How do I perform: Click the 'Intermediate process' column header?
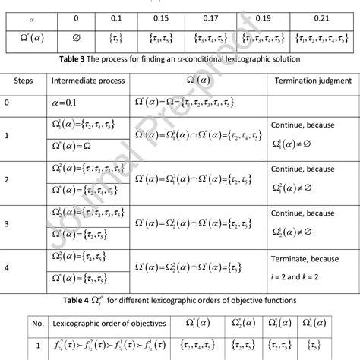(x=84, y=79)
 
